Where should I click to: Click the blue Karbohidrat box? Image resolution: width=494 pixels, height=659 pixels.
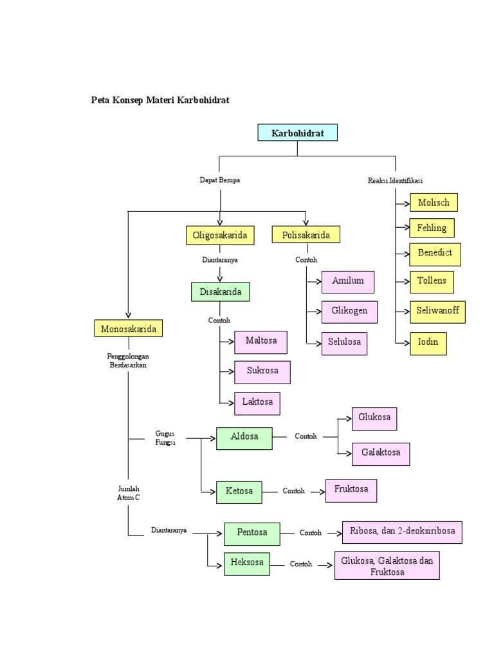click(297, 133)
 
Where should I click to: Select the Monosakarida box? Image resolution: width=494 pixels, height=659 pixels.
click(128, 328)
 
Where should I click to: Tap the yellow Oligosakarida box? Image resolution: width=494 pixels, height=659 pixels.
click(220, 235)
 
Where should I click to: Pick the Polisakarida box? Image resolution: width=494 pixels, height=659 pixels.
click(306, 235)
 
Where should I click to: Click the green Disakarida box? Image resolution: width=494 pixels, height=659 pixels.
click(220, 292)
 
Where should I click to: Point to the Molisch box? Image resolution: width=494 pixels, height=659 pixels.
click(434, 202)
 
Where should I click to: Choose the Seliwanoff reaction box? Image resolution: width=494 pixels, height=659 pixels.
click(437, 312)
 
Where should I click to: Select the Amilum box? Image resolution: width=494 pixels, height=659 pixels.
click(348, 281)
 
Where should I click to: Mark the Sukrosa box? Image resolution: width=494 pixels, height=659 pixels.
click(262, 372)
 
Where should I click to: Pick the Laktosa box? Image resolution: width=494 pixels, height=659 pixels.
click(257, 403)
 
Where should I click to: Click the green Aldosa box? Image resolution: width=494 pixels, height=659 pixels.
click(244, 438)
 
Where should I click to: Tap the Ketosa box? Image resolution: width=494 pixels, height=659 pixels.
click(239, 491)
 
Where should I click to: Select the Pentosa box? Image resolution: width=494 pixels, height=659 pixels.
click(252, 534)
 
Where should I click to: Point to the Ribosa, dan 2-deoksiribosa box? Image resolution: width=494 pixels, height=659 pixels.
click(402, 532)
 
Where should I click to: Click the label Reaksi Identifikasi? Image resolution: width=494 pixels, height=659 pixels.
click(395, 181)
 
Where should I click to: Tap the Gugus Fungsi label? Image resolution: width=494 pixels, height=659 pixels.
click(165, 438)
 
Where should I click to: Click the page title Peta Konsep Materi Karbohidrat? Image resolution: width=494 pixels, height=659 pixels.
click(160, 100)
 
